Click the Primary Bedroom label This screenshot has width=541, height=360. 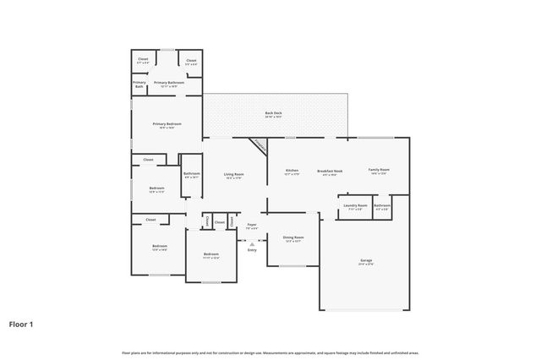click(x=167, y=124)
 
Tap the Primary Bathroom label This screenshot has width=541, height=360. click(x=168, y=83)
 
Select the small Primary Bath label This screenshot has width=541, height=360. click(x=139, y=84)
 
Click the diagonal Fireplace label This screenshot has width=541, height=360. click(x=259, y=145)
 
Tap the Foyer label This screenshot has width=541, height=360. click(x=252, y=225)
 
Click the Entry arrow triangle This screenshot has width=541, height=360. click(x=252, y=243)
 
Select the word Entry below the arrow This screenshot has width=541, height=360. click(x=252, y=250)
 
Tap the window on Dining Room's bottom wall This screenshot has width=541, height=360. click(x=292, y=266)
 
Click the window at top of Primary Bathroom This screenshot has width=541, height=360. click(x=168, y=49)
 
